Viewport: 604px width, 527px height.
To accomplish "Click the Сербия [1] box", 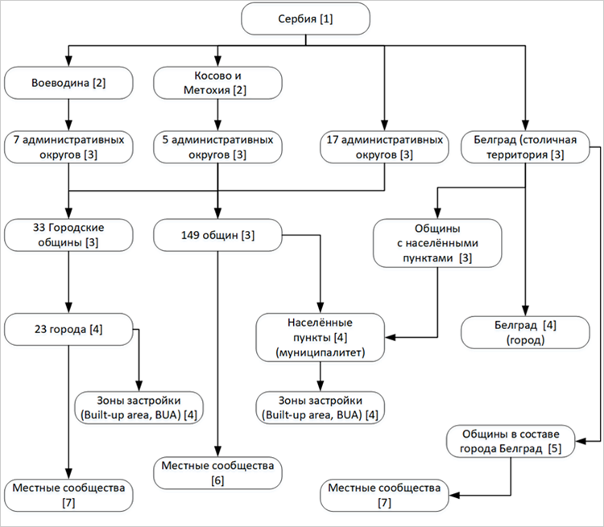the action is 305,19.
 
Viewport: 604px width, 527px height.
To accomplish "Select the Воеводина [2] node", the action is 68,83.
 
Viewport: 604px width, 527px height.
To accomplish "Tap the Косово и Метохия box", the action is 217,83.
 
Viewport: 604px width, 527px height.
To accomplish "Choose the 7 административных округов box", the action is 68,147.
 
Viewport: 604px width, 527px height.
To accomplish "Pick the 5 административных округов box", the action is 217,147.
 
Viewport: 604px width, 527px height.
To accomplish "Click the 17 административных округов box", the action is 384,147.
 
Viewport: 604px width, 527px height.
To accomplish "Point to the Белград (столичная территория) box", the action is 525,147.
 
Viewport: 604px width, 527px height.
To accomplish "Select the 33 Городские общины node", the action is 68,235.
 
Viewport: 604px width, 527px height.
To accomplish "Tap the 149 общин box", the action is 217,235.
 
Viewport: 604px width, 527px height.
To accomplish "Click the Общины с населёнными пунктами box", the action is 437,243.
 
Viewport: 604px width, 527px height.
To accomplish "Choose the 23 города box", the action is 68,329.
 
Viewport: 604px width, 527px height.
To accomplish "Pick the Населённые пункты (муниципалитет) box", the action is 321,337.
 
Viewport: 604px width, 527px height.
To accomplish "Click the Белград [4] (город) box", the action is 525,332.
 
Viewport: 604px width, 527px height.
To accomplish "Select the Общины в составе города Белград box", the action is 511,442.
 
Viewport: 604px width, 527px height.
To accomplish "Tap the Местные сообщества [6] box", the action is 217,473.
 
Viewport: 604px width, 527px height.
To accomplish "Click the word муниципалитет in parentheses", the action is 320,352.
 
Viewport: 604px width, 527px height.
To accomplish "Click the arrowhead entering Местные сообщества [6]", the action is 217,451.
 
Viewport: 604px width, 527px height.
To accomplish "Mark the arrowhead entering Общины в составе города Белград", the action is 581,442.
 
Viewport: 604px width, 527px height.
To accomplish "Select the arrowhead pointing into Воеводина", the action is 68,61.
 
